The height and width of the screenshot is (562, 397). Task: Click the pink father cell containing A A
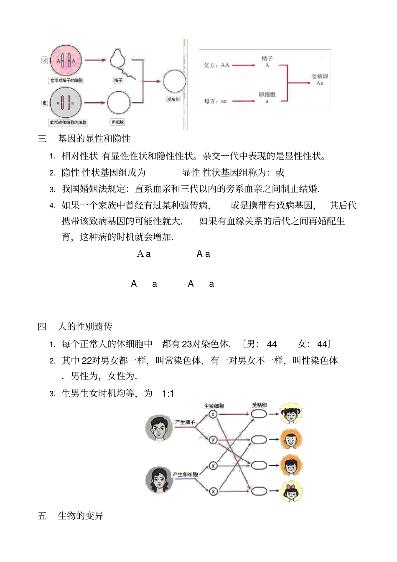coord(66,61)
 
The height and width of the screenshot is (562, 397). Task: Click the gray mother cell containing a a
coord(66,102)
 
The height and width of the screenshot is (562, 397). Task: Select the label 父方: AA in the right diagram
coord(216,65)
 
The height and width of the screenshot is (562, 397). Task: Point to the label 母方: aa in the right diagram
coord(215,101)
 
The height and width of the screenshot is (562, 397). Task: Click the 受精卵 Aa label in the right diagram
coord(320,80)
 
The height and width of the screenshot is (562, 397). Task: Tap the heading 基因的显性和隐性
coord(94,139)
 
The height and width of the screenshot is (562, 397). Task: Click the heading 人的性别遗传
coord(85,327)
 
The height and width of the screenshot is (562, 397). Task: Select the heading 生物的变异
coord(80,516)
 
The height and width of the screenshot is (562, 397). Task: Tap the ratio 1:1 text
coord(168,394)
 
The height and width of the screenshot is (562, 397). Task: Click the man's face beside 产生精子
coord(159,428)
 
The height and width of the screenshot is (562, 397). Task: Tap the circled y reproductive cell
coord(213,440)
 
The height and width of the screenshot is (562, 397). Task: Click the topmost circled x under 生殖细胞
coord(213,414)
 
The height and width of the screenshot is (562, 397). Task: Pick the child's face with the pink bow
coord(291,491)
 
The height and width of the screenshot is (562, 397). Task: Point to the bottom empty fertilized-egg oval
coord(259,491)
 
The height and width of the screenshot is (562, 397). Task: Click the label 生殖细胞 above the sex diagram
coord(214,406)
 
